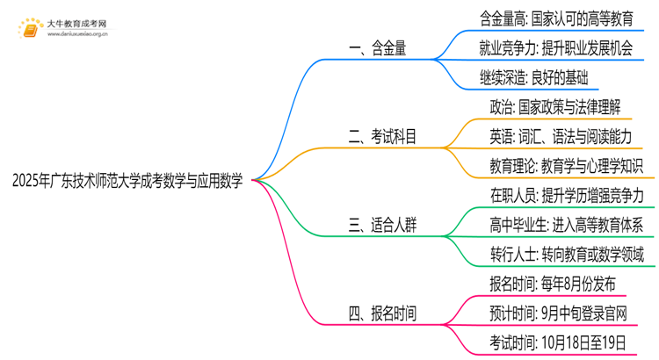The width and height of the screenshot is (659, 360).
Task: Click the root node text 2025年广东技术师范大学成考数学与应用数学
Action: pos(127,180)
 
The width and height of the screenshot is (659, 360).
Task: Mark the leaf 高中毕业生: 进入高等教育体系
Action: pos(566,224)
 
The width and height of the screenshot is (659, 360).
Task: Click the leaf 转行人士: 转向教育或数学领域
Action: pos(567,255)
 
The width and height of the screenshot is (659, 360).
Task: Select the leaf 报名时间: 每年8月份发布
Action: pos(547,283)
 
